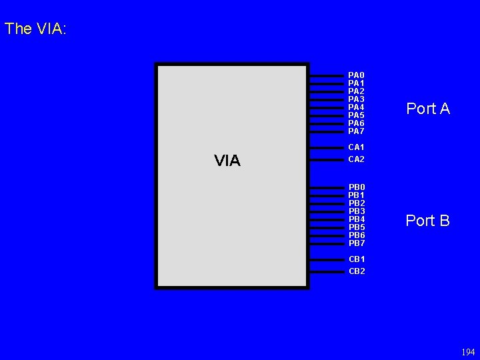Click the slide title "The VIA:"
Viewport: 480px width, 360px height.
pos(35,29)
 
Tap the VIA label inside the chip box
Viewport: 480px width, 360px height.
pos(227,161)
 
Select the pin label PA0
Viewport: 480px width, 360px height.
pos(356,75)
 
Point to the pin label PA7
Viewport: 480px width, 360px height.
pos(356,131)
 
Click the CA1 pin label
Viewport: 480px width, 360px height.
pos(356,147)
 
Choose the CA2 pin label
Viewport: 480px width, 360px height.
pos(356,159)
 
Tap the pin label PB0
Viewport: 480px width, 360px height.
pos(357,187)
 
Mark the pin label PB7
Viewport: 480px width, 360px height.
pos(357,243)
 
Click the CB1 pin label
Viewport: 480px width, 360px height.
pos(357,259)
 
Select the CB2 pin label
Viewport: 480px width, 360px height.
pos(357,271)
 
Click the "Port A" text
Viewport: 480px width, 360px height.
pos(428,109)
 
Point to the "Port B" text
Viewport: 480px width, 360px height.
pos(428,221)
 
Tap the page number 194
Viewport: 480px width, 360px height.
pos(468,352)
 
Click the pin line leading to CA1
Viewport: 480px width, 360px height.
pos(326,147)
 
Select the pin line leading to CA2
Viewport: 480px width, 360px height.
pos(326,160)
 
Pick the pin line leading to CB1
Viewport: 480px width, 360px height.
pos(326,259)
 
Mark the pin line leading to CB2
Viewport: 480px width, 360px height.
pos(326,272)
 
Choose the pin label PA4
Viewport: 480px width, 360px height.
pos(356,107)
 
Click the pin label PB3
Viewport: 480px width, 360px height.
pos(357,211)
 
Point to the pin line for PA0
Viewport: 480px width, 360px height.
pos(326,76)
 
